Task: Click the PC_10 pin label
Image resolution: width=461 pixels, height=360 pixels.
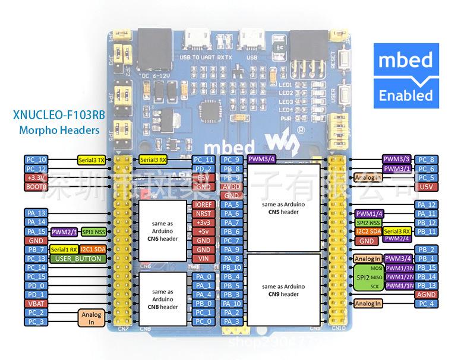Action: pyautogui.click(x=36, y=160)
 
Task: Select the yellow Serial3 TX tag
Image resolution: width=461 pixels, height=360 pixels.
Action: pyautogui.click(x=92, y=160)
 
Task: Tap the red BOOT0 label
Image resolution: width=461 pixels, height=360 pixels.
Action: pyautogui.click(x=36, y=187)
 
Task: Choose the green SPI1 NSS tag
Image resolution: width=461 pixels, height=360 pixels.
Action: pyautogui.click(x=94, y=231)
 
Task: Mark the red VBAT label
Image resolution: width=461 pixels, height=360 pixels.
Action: pyautogui.click(x=36, y=303)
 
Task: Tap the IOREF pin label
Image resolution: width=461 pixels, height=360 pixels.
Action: pyautogui.click(x=203, y=205)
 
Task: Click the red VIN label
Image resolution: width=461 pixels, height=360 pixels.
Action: pyautogui.click(x=203, y=259)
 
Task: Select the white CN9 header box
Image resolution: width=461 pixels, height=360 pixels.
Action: pyautogui.click(x=283, y=290)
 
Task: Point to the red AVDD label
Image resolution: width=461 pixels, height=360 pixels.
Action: pyautogui.click(x=232, y=187)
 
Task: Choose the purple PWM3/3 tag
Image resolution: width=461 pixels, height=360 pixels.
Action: pyautogui.click(x=397, y=160)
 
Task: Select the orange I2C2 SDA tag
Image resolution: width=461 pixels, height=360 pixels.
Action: pyautogui.click(x=368, y=231)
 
